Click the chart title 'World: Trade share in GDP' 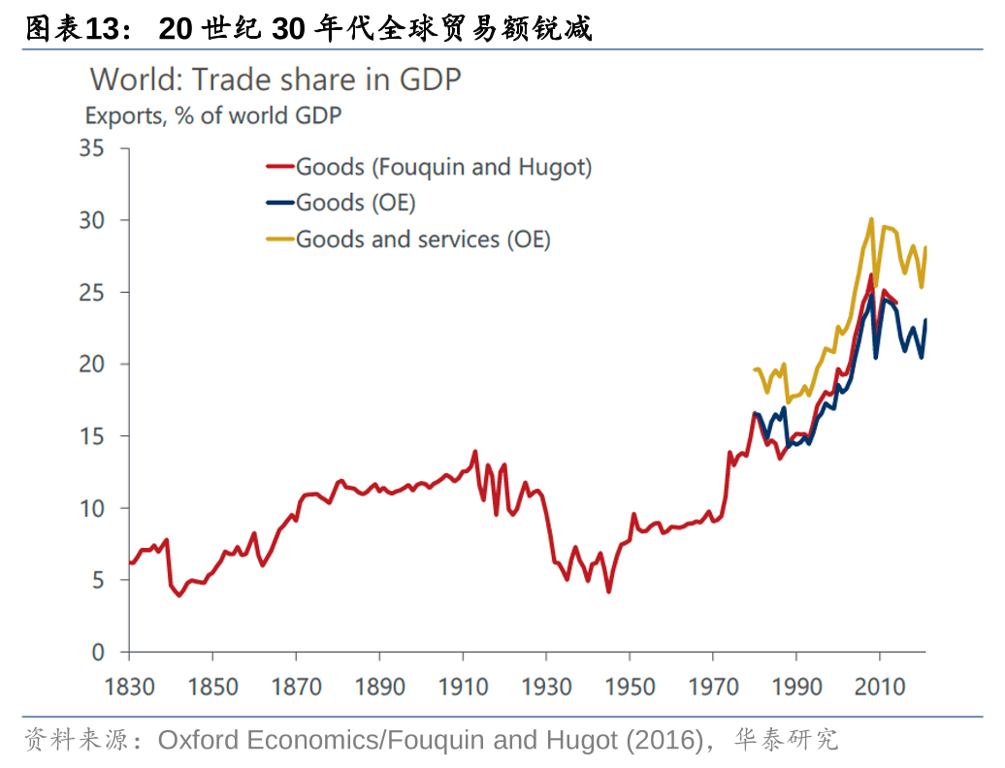click(x=275, y=80)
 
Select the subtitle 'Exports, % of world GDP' click(x=213, y=116)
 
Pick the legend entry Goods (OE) click(x=355, y=202)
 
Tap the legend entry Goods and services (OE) click(x=423, y=239)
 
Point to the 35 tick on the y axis click(x=91, y=148)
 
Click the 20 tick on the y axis click(x=91, y=365)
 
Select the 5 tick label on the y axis click(x=97, y=580)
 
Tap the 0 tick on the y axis click(x=97, y=652)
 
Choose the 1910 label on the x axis click(x=463, y=687)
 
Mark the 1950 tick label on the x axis click(x=630, y=687)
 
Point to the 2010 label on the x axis click(x=880, y=687)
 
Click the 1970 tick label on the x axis click(x=713, y=687)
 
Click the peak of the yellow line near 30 click(x=871, y=219)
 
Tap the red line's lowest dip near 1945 click(x=608, y=592)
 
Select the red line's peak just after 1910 click(x=474, y=451)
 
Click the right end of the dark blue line click(x=925, y=320)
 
